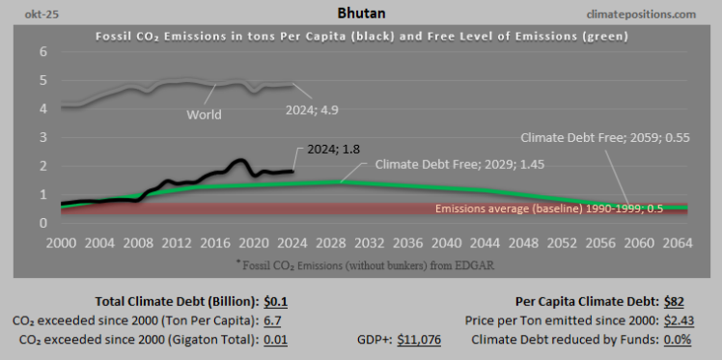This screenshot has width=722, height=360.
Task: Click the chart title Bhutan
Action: click(x=361, y=14)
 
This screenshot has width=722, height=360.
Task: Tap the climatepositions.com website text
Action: click(x=653, y=14)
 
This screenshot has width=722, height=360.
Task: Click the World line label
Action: click(x=204, y=114)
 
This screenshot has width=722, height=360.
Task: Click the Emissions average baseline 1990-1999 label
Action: click(x=563, y=208)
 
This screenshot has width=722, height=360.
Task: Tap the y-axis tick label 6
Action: click(x=42, y=51)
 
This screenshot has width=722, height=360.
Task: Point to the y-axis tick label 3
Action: click(x=42, y=137)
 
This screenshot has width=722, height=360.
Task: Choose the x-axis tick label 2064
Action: click(x=677, y=241)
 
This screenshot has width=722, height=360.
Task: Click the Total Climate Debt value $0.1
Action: click(x=277, y=302)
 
